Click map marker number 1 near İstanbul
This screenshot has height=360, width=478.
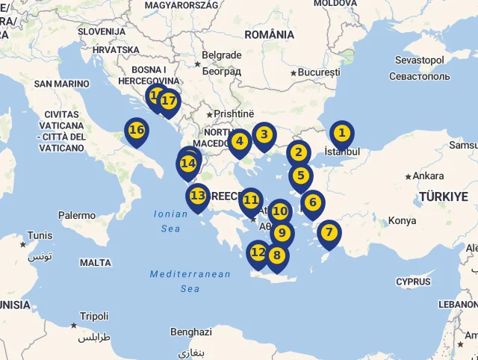[341, 134]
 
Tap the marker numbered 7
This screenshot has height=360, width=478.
[329, 232]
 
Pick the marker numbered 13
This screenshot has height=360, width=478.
[197, 196]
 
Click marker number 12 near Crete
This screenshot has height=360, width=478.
[258, 252]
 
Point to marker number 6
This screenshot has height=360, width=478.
[312, 202]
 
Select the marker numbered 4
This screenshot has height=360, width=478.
[239, 140]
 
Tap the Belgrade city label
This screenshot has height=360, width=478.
[222, 55]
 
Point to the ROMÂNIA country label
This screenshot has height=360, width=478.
[269, 34]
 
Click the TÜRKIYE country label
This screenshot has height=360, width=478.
[443, 196]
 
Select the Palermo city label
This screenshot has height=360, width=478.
[77, 215]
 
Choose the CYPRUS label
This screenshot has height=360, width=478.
[413, 282]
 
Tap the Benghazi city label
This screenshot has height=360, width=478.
[191, 332]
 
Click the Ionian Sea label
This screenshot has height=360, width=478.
[170, 220]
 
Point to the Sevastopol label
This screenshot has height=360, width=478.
[419, 60]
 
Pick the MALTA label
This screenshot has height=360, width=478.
[95, 263]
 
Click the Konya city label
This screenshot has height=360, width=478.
[402, 220]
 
